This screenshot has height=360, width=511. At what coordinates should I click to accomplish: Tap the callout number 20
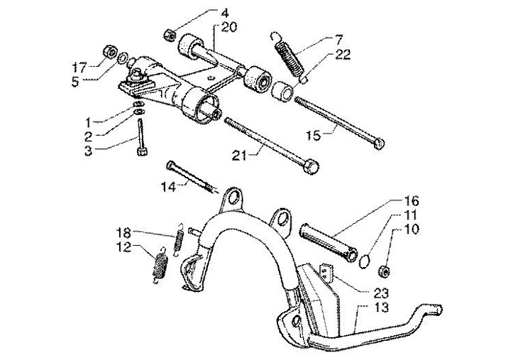point(229,28)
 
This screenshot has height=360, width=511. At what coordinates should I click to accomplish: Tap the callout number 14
point(167,188)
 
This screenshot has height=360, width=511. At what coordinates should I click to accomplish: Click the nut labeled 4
point(169,33)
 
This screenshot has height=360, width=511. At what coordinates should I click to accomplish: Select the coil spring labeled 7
point(290,53)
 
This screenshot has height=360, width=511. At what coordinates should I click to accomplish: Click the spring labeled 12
point(160,265)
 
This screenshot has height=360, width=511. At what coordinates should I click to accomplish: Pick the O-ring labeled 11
point(363,260)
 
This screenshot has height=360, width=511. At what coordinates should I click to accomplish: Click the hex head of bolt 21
point(310,168)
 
